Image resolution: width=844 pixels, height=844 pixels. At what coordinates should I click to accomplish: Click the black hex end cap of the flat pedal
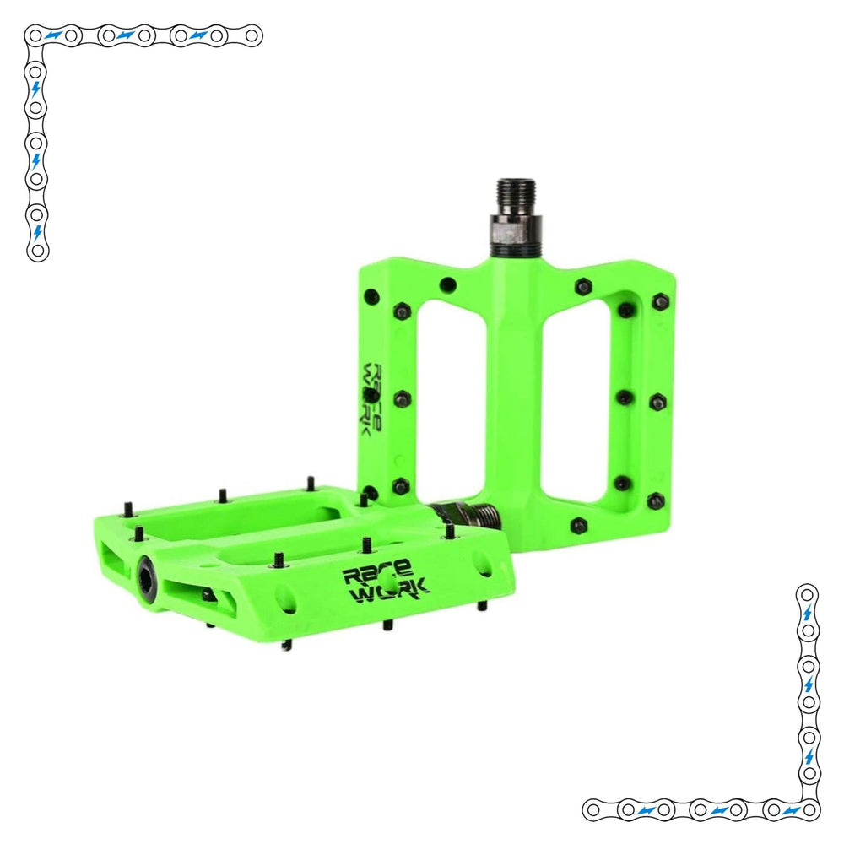146,572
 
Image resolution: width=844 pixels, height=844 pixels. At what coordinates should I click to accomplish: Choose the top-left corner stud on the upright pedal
372,295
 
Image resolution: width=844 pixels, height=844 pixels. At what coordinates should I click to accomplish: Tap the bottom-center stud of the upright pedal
578,525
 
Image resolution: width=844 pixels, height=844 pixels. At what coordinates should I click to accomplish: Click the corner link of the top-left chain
35,36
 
